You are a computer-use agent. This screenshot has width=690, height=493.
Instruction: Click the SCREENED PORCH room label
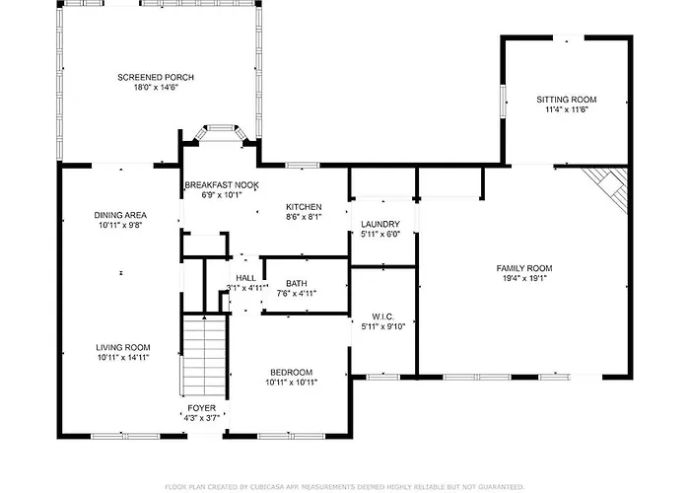(x=156, y=78)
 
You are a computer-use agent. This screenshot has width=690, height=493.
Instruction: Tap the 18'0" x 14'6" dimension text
(x=156, y=87)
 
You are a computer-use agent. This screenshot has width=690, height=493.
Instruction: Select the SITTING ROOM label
(x=567, y=100)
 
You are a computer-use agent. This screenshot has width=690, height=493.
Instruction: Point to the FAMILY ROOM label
(x=524, y=268)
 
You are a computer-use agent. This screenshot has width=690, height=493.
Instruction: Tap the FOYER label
(x=201, y=408)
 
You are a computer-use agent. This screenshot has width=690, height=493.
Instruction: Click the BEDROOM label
(x=292, y=373)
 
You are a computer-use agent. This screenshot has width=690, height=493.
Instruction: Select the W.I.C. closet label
(x=382, y=317)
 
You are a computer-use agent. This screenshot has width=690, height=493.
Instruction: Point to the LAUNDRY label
(x=380, y=225)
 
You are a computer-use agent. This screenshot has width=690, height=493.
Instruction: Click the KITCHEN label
(x=304, y=207)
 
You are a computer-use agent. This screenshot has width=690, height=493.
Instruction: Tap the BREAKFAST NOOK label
(x=222, y=185)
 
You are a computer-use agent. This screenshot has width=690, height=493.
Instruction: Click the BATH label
(x=297, y=284)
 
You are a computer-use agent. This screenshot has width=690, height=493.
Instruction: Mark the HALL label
(x=246, y=278)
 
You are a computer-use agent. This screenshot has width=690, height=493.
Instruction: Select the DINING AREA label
(x=120, y=215)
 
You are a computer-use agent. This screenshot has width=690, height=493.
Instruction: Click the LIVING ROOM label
(x=123, y=348)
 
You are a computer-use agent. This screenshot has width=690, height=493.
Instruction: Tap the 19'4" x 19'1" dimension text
(x=524, y=278)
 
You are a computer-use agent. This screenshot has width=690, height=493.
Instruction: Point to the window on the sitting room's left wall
(x=503, y=102)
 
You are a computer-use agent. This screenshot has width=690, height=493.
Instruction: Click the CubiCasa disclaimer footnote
(x=345, y=487)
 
